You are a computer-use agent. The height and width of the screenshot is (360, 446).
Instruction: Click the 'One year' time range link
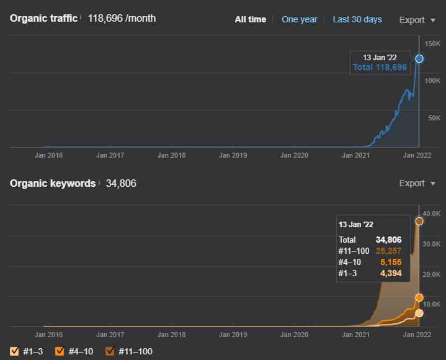point(299,19)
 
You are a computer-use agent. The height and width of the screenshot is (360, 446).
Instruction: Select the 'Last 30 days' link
point(357,19)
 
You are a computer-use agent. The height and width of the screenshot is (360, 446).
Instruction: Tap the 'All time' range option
point(251,19)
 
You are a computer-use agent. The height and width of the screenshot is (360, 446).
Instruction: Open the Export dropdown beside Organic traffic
point(417,20)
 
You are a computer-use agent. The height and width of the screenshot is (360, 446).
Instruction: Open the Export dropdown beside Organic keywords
point(417,183)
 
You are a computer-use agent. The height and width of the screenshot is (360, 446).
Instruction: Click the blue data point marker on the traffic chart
point(419,58)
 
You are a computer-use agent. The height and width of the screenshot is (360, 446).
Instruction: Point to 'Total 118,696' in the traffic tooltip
point(380,67)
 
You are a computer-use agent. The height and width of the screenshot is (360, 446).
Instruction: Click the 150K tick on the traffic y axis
point(432,43)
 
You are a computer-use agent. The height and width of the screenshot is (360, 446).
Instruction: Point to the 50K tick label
point(434,118)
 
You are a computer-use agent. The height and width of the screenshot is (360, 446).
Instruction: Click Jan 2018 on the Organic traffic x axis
point(172,155)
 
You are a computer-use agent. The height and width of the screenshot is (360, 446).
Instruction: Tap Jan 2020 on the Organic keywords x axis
point(294,335)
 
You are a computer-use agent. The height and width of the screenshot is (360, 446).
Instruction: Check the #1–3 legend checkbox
point(14,351)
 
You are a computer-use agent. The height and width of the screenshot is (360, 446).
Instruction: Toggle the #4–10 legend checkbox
point(60,351)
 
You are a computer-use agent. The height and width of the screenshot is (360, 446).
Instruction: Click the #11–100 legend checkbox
point(110,351)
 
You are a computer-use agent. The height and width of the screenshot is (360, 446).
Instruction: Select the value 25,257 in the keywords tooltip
point(388,251)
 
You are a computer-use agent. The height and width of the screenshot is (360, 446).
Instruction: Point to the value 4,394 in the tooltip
point(391,273)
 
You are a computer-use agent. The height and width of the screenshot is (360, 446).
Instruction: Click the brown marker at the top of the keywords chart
point(419,221)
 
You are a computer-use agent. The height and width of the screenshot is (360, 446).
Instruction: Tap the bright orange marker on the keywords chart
point(419,298)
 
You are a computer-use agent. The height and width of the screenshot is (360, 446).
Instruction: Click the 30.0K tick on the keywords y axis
point(432,244)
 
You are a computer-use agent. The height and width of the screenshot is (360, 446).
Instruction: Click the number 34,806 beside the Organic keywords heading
point(121,183)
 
